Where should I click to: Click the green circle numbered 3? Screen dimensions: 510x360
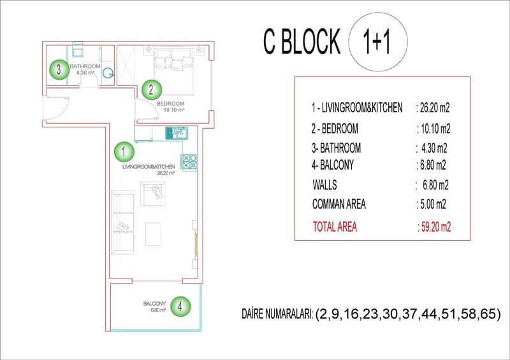coord(59,69)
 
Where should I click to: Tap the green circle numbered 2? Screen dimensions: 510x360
coord(152,90)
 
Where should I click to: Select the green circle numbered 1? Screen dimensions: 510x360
coord(124,152)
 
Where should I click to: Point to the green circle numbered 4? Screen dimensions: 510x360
coord(180,306)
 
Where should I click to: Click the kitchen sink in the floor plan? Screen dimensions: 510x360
coord(177,133)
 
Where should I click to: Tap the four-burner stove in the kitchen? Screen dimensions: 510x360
coord(189,162)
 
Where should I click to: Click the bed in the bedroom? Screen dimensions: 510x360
coord(173,71)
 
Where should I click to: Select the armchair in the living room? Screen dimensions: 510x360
coord(152,194)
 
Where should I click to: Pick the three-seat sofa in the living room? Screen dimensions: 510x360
coord(122,222)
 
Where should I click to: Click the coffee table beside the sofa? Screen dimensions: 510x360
coord(153,234)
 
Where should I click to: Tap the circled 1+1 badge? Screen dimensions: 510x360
coord(377,41)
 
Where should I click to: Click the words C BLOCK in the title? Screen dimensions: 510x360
coord(302,41)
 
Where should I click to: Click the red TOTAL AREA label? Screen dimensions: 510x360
coord(335,227)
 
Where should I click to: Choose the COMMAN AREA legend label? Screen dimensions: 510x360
coord(339,204)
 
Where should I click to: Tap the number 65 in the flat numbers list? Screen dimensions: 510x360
coord(488,314)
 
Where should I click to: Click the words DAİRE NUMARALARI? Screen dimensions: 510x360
coord(277,314)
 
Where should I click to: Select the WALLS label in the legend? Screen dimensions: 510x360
coord(324,185)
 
